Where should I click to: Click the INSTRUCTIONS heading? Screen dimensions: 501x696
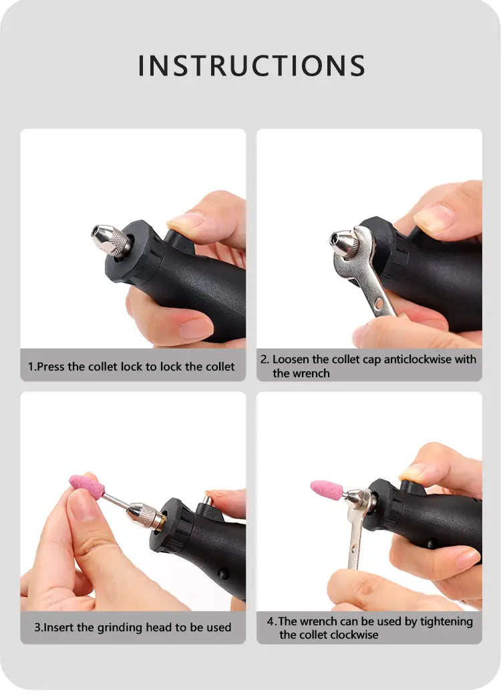click(251, 66)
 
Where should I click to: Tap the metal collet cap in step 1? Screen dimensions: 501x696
click(112, 241)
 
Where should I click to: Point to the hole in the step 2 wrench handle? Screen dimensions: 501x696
click(379, 304)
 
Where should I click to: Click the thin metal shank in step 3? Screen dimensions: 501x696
click(116, 501)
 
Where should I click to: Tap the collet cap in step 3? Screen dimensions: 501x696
click(145, 515)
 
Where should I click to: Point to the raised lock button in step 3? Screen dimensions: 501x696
click(206, 501)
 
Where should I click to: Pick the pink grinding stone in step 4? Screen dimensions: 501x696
click(327, 489)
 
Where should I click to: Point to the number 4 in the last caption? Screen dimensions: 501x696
click(270, 621)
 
